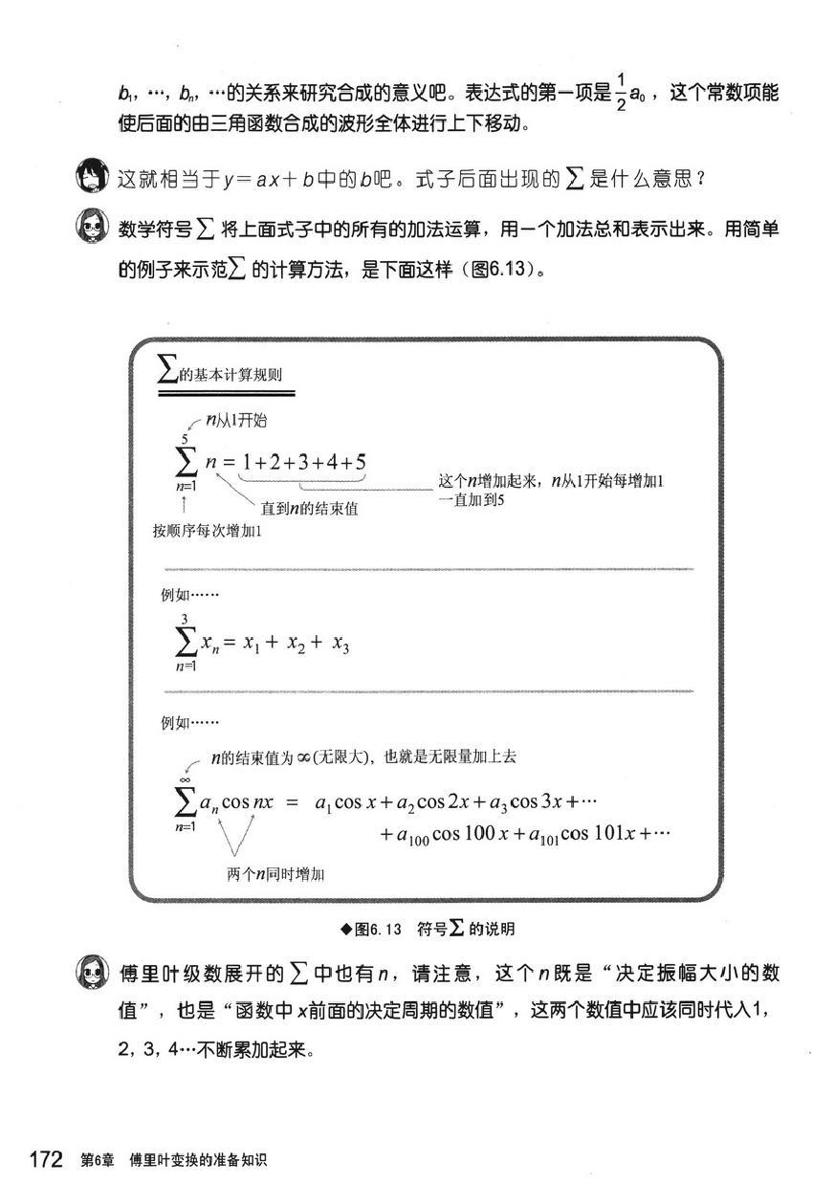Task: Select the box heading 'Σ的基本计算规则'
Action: point(228,375)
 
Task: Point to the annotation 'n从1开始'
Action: point(239,421)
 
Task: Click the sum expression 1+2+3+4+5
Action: point(303,463)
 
